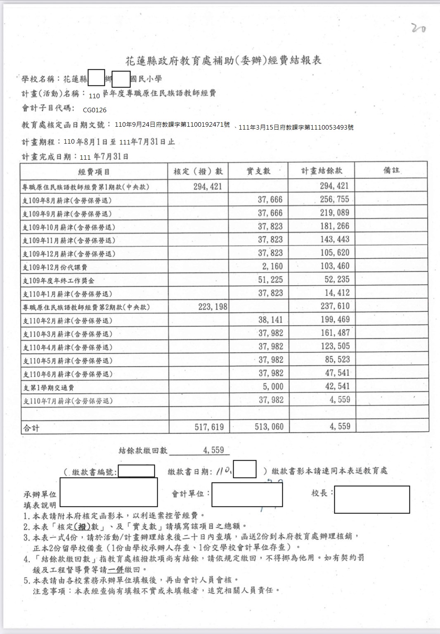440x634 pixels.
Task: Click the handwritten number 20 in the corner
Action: pyautogui.click(x=419, y=28)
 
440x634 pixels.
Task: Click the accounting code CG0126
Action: pyautogui.click(x=95, y=110)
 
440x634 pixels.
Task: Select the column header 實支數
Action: pyautogui.click(x=258, y=171)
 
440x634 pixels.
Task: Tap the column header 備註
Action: pyautogui.click(x=391, y=170)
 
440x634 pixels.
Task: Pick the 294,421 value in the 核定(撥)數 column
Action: pyautogui.click(x=208, y=187)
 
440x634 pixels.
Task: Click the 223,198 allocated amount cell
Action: pyautogui.click(x=213, y=307)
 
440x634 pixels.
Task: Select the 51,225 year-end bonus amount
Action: pyautogui.click(x=270, y=280)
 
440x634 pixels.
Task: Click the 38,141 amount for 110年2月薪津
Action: pyautogui.click(x=271, y=320)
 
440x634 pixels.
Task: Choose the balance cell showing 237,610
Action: pyautogui.click(x=335, y=306)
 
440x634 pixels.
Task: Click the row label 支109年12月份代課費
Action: pyautogui.click(x=55, y=267)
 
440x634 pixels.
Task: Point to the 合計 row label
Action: pyautogui.click(x=31, y=428)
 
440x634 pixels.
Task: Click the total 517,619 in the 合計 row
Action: pyautogui.click(x=209, y=427)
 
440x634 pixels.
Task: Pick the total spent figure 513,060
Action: pyautogui.click(x=269, y=427)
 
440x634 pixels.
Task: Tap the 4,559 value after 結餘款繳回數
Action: pyautogui.click(x=213, y=450)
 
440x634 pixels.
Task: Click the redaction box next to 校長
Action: pyautogui.click(x=372, y=499)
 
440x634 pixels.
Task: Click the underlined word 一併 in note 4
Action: pyautogui.click(x=116, y=570)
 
